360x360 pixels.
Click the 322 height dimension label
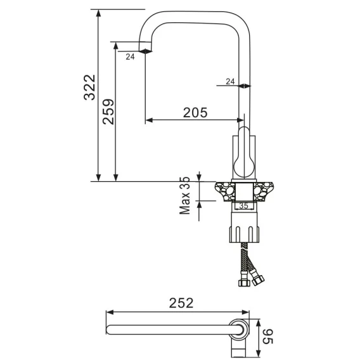point(89,87)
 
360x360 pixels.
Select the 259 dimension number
point(108,112)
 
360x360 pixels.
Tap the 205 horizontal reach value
point(195,113)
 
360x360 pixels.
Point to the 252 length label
point(181,303)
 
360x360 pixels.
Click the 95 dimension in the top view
point(267,337)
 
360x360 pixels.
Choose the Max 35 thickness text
point(185,196)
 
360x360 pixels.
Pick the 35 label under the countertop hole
point(243,206)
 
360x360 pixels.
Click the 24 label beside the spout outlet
point(130,56)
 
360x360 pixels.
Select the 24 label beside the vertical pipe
point(230,82)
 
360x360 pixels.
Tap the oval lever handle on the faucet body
point(244,153)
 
